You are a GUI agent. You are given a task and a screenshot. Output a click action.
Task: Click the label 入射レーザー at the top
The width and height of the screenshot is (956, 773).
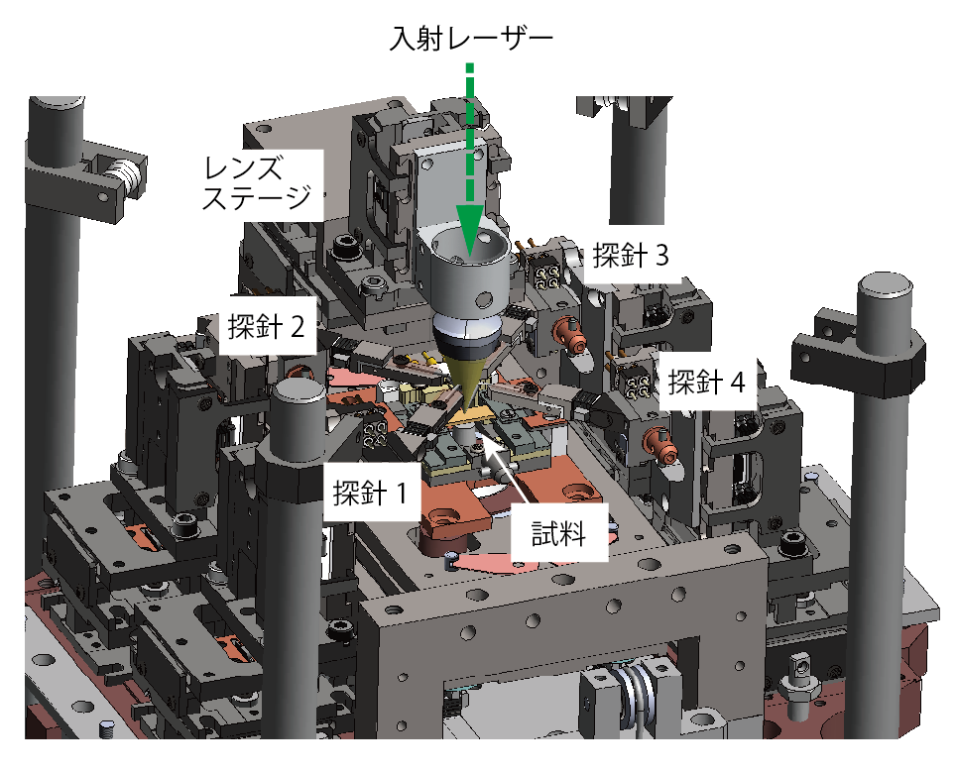tap(471, 39)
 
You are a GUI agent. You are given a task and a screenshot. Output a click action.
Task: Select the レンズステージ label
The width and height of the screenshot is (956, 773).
tap(257, 182)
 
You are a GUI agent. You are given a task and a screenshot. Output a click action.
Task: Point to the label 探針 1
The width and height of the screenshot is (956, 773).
tap(370, 493)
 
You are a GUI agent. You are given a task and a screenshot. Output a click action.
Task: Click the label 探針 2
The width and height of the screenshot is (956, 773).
tap(266, 326)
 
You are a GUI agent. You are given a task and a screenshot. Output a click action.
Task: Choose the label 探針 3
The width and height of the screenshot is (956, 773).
tap(631, 255)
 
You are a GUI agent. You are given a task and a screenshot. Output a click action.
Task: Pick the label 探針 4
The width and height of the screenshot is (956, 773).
tap(707, 382)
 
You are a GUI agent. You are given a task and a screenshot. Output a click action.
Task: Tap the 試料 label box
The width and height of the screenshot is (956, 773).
tap(559, 533)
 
